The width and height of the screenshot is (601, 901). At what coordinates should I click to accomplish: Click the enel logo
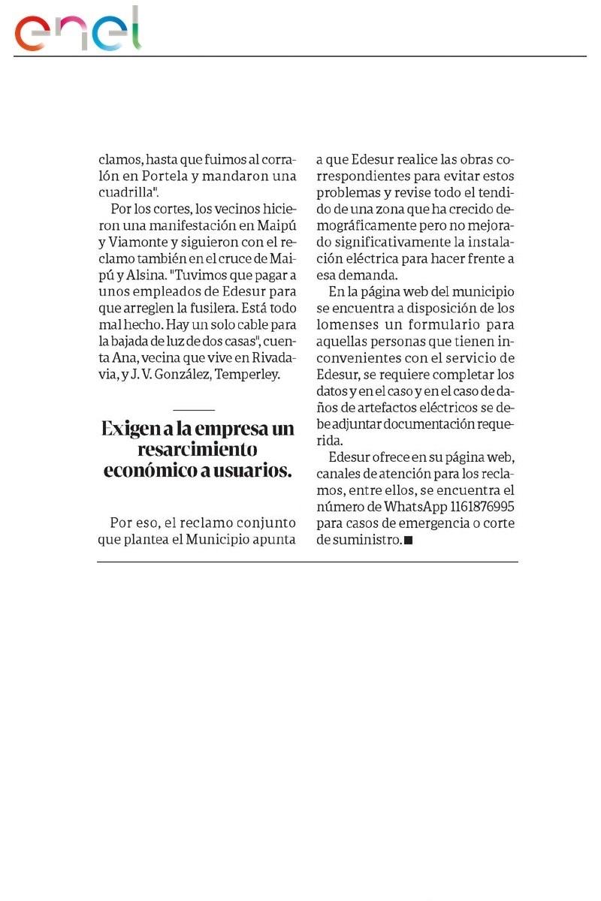click(x=77, y=31)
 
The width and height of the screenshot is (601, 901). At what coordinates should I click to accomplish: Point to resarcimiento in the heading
click(x=198, y=450)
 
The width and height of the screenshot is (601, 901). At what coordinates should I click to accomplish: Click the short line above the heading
click(x=194, y=410)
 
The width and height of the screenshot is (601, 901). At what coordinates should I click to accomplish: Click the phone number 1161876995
click(x=479, y=507)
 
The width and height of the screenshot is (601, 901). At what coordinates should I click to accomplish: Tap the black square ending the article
click(x=409, y=541)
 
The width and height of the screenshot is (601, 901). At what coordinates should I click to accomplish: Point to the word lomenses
click(x=351, y=325)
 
